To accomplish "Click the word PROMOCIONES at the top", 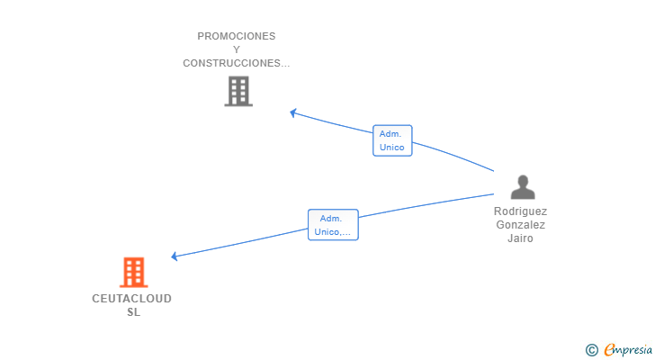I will point(237,36).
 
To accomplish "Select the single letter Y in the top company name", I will point(237,49).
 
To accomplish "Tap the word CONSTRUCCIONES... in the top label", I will point(237,63).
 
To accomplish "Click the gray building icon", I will point(238,91).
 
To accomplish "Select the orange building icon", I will point(133,272).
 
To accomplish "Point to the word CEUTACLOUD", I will point(131,299).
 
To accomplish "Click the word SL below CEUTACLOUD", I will point(133,312).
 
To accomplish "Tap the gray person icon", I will point(522,187).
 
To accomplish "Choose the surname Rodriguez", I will point(520,211).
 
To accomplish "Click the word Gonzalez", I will point(520,225).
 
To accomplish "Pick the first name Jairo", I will point(520,238).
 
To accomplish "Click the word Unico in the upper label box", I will point(392,148).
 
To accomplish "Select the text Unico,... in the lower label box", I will point(333,232).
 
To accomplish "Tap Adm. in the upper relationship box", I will point(390,133).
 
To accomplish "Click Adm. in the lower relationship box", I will point(331,218).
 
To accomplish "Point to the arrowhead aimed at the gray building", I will point(293,112).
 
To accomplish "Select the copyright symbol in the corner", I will point(591,350).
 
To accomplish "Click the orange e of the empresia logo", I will point(609,350).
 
